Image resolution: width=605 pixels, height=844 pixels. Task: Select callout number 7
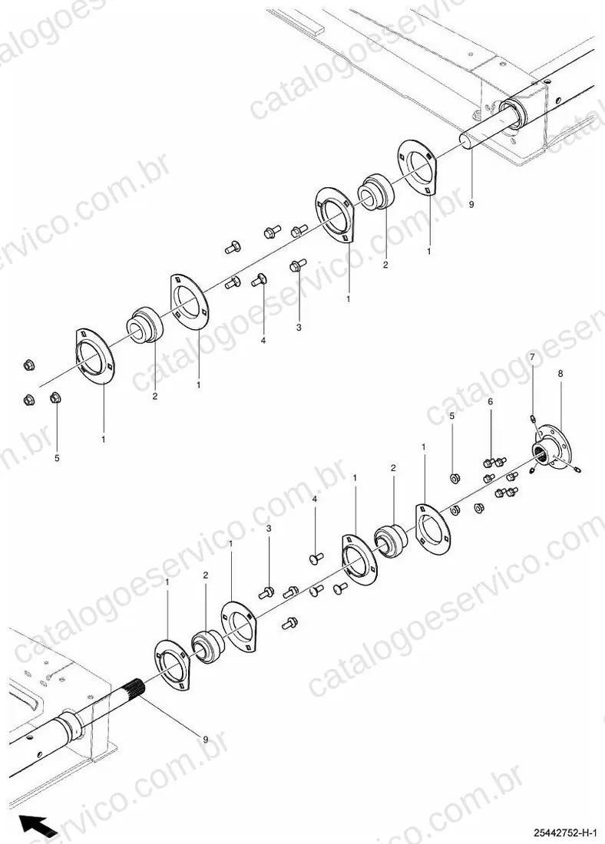(x=532, y=358)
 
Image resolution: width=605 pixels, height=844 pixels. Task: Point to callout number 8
(x=560, y=372)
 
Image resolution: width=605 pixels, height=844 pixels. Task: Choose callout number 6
(x=491, y=401)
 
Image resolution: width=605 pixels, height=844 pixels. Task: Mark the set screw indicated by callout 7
(x=532, y=417)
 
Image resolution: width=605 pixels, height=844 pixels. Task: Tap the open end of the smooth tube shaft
(x=468, y=141)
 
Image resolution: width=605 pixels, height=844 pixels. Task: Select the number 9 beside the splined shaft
(x=205, y=740)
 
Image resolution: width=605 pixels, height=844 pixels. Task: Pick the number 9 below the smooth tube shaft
(x=472, y=205)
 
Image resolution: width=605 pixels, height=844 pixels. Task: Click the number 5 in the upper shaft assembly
(x=57, y=458)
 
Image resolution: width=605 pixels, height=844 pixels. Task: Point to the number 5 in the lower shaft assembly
(x=452, y=416)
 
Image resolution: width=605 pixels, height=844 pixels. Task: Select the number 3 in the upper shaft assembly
(x=299, y=328)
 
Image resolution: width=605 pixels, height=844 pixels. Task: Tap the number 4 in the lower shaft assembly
(x=315, y=499)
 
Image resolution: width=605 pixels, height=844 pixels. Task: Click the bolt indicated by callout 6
(x=489, y=462)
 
